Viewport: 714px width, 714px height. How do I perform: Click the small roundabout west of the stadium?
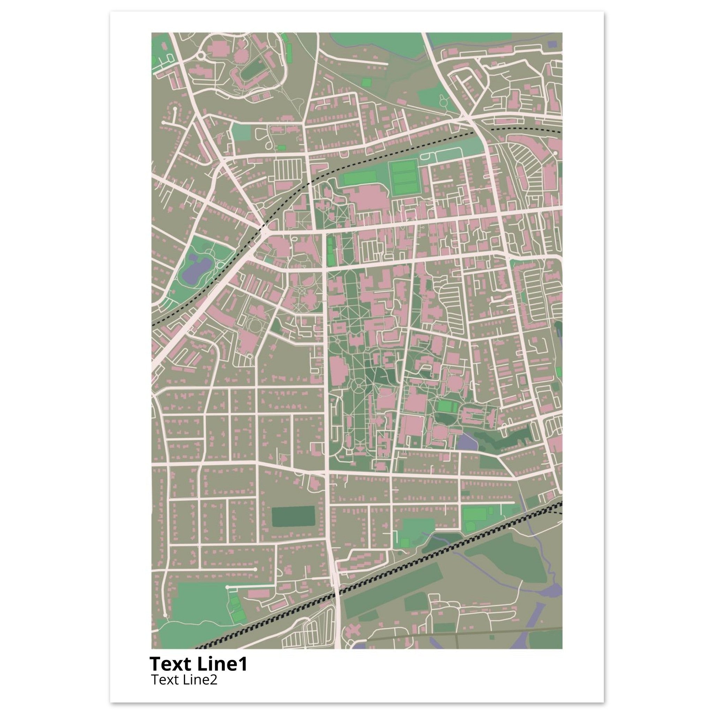(202, 56)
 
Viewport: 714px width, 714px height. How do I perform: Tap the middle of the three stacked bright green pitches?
(405, 178)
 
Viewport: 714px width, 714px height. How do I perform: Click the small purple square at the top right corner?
(552, 44)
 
